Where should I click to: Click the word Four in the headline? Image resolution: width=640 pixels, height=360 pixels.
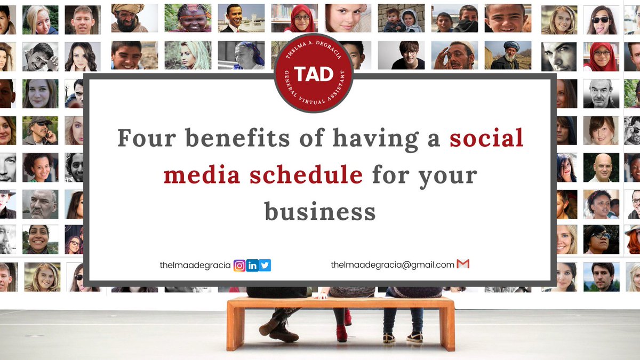pos(146,138)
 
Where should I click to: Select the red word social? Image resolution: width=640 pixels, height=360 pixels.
pos(486,138)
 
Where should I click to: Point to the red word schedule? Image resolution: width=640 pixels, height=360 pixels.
pos(306,174)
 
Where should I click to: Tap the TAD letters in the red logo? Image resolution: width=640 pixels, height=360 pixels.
pos(314,74)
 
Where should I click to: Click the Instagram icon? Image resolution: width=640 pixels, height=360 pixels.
pos(240,265)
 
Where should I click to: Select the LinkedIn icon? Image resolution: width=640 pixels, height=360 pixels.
pos(252,265)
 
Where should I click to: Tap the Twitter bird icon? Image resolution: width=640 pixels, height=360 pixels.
pos(265,265)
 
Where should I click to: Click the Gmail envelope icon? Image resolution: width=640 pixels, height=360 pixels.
pos(463,264)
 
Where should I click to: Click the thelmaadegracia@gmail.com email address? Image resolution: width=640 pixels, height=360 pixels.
pos(392,265)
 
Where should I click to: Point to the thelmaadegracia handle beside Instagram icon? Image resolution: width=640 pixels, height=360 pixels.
pos(195,265)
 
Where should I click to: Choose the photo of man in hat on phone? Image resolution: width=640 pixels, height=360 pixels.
pos(41,130)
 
